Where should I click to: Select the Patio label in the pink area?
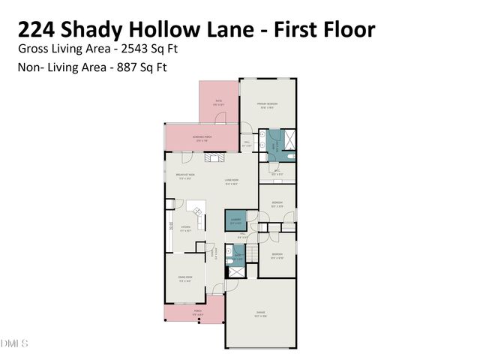pos(218,102)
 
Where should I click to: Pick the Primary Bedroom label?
pos(268,105)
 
